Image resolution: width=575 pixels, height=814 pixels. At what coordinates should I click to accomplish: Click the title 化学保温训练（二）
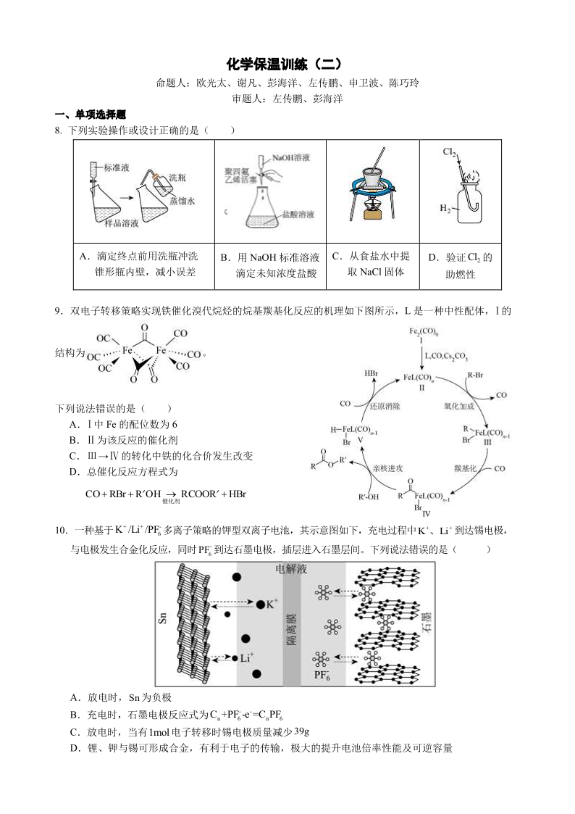coord(287,65)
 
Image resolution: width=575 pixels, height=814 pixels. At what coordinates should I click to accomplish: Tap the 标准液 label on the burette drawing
coord(116,167)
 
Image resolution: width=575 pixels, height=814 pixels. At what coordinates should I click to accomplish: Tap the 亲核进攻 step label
coord(387,468)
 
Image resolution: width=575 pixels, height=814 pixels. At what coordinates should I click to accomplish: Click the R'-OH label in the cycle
coord(369,497)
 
